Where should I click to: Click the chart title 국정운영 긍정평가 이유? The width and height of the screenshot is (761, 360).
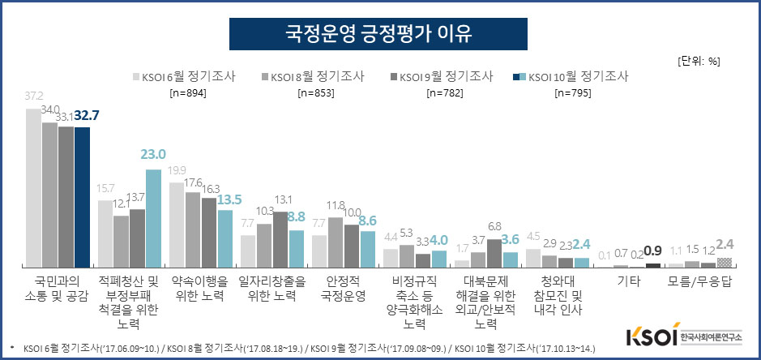pyautogui.click(x=379, y=34)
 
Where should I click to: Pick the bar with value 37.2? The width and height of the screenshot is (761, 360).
pyautogui.click(x=33, y=188)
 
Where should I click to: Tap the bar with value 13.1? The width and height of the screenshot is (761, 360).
pyautogui.click(x=280, y=239)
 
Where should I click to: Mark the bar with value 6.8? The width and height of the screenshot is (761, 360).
pyautogui.click(x=494, y=253)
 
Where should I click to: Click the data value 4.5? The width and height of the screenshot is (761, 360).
pyautogui.click(x=532, y=238)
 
